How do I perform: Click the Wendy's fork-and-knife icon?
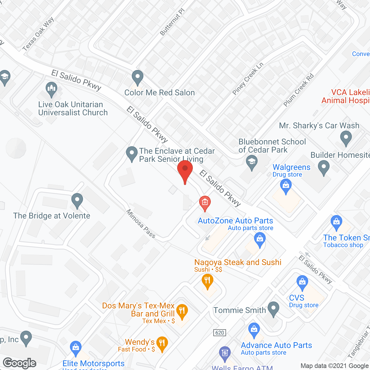[x=162, y=343]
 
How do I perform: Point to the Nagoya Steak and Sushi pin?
[x=207, y=281]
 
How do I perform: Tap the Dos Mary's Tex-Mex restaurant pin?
[x=182, y=311]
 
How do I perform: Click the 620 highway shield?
[x=220, y=333]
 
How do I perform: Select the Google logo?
[x=20, y=363]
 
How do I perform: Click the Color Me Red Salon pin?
[x=137, y=77]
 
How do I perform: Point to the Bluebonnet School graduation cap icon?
[x=251, y=162]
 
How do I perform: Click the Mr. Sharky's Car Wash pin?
[x=346, y=138]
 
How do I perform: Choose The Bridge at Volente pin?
[x=77, y=200]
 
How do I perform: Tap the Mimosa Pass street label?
[x=141, y=223]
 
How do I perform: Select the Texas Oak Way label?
[x=38, y=34]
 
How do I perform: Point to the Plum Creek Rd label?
[x=298, y=90]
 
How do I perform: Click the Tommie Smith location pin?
[x=273, y=308]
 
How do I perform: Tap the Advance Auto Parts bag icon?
[x=254, y=330]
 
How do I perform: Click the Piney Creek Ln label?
[x=248, y=79]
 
